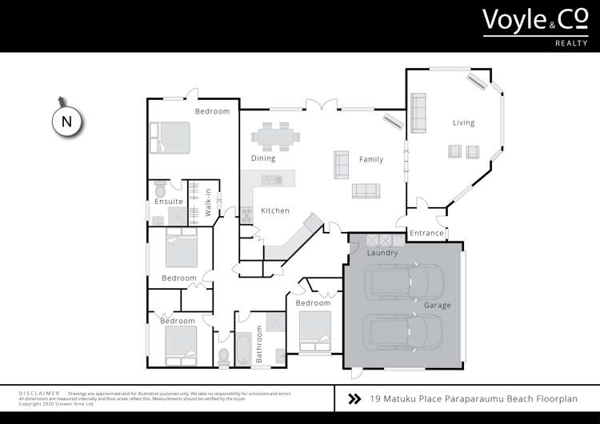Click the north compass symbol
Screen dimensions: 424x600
(x=66, y=122)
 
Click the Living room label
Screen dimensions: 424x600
(x=463, y=122)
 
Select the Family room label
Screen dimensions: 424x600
(x=370, y=159)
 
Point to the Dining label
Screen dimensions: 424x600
(x=263, y=158)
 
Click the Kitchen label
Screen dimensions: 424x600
(x=275, y=211)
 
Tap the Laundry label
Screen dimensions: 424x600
(x=382, y=253)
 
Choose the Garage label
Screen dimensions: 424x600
(x=438, y=305)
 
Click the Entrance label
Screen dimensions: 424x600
(x=426, y=234)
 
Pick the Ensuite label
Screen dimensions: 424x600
(x=170, y=202)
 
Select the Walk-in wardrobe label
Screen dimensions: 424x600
(x=208, y=202)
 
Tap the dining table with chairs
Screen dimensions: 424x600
(x=280, y=136)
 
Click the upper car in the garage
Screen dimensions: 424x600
(x=404, y=282)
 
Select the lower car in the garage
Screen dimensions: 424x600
(x=404, y=332)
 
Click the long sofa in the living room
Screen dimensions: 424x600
(x=418, y=113)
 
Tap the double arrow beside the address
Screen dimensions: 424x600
(x=354, y=398)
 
